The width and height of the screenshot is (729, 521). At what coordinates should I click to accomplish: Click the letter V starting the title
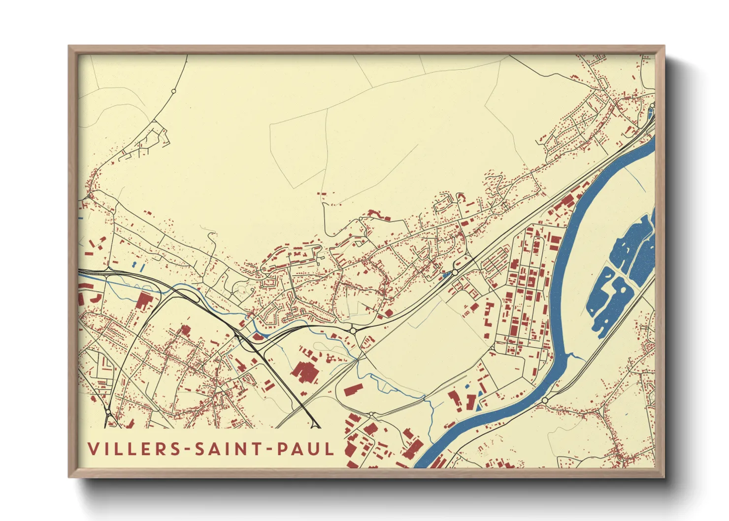(x=94, y=449)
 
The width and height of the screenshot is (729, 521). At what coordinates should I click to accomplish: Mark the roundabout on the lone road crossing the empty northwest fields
(x=173, y=91)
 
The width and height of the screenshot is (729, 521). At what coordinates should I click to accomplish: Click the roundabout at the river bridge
(x=545, y=400)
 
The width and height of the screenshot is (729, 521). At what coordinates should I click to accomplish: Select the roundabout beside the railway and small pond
(x=455, y=272)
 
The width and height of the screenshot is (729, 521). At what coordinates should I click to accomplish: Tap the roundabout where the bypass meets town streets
(x=353, y=330)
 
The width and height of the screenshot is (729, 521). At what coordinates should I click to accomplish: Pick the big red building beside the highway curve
(x=144, y=300)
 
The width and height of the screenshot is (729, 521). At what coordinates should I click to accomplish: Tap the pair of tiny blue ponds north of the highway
(x=138, y=266)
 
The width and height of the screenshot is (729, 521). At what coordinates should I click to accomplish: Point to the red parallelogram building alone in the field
(x=353, y=390)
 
